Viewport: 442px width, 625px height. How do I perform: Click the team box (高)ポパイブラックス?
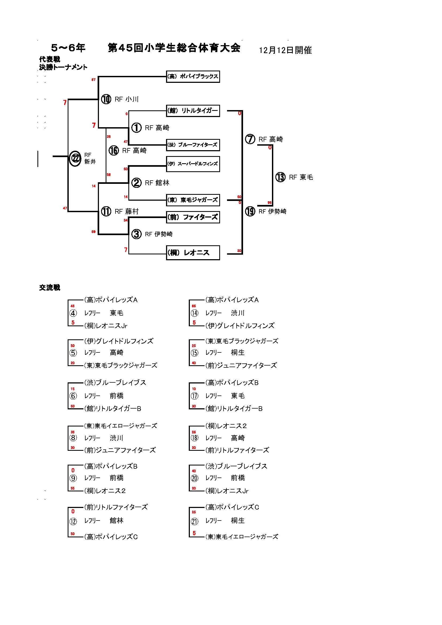tap(193, 76)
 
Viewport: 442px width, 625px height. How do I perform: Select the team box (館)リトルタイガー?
tap(193, 111)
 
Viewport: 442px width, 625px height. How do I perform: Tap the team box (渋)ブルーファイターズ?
tap(193, 145)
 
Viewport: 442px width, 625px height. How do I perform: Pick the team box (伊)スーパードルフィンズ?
tap(193, 164)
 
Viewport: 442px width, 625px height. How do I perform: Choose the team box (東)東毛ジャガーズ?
tap(193, 200)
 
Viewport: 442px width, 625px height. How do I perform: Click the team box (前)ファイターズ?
tap(193, 217)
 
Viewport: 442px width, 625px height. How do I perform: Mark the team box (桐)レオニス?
tap(193, 253)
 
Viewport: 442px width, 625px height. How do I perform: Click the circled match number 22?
tap(75, 158)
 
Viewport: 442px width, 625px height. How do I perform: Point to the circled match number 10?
tap(106, 99)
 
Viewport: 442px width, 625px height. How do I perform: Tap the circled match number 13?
tap(280, 177)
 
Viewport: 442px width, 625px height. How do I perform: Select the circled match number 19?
tap(250, 211)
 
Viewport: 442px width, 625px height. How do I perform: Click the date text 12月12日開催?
tap(285, 50)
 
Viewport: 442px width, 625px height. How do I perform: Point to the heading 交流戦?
tap(49, 288)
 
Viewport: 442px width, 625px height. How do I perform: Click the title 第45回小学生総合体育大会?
tap(174, 48)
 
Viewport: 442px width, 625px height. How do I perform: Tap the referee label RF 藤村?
tap(127, 211)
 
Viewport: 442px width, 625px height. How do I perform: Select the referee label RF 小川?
tap(127, 99)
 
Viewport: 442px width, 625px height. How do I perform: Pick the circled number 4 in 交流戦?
tap(73, 313)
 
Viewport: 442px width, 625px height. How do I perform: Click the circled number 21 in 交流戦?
tap(194, 521)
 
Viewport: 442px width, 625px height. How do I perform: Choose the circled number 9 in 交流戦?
tap(73, 478)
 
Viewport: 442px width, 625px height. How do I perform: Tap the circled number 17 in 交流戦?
tap(194, 396)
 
